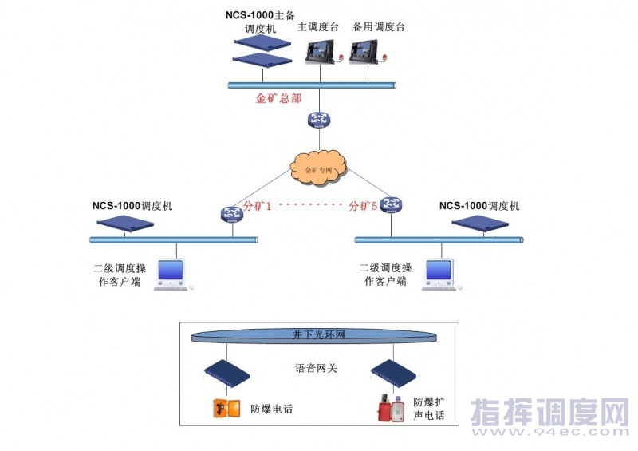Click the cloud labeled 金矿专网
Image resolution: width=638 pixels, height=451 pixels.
point(318,168)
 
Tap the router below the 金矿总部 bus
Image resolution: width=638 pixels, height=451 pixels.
point(318,120)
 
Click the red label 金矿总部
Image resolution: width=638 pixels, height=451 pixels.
point(278,99)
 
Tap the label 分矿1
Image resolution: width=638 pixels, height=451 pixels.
point(258,206)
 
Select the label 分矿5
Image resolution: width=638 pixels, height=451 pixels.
point(363,206)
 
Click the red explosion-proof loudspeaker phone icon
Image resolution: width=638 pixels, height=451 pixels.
point(392,408)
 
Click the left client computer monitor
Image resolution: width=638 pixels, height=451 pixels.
point(171,271)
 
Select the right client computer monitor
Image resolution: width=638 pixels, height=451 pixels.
point(439,271)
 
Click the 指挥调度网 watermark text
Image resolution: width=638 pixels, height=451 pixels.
point(550,414)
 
